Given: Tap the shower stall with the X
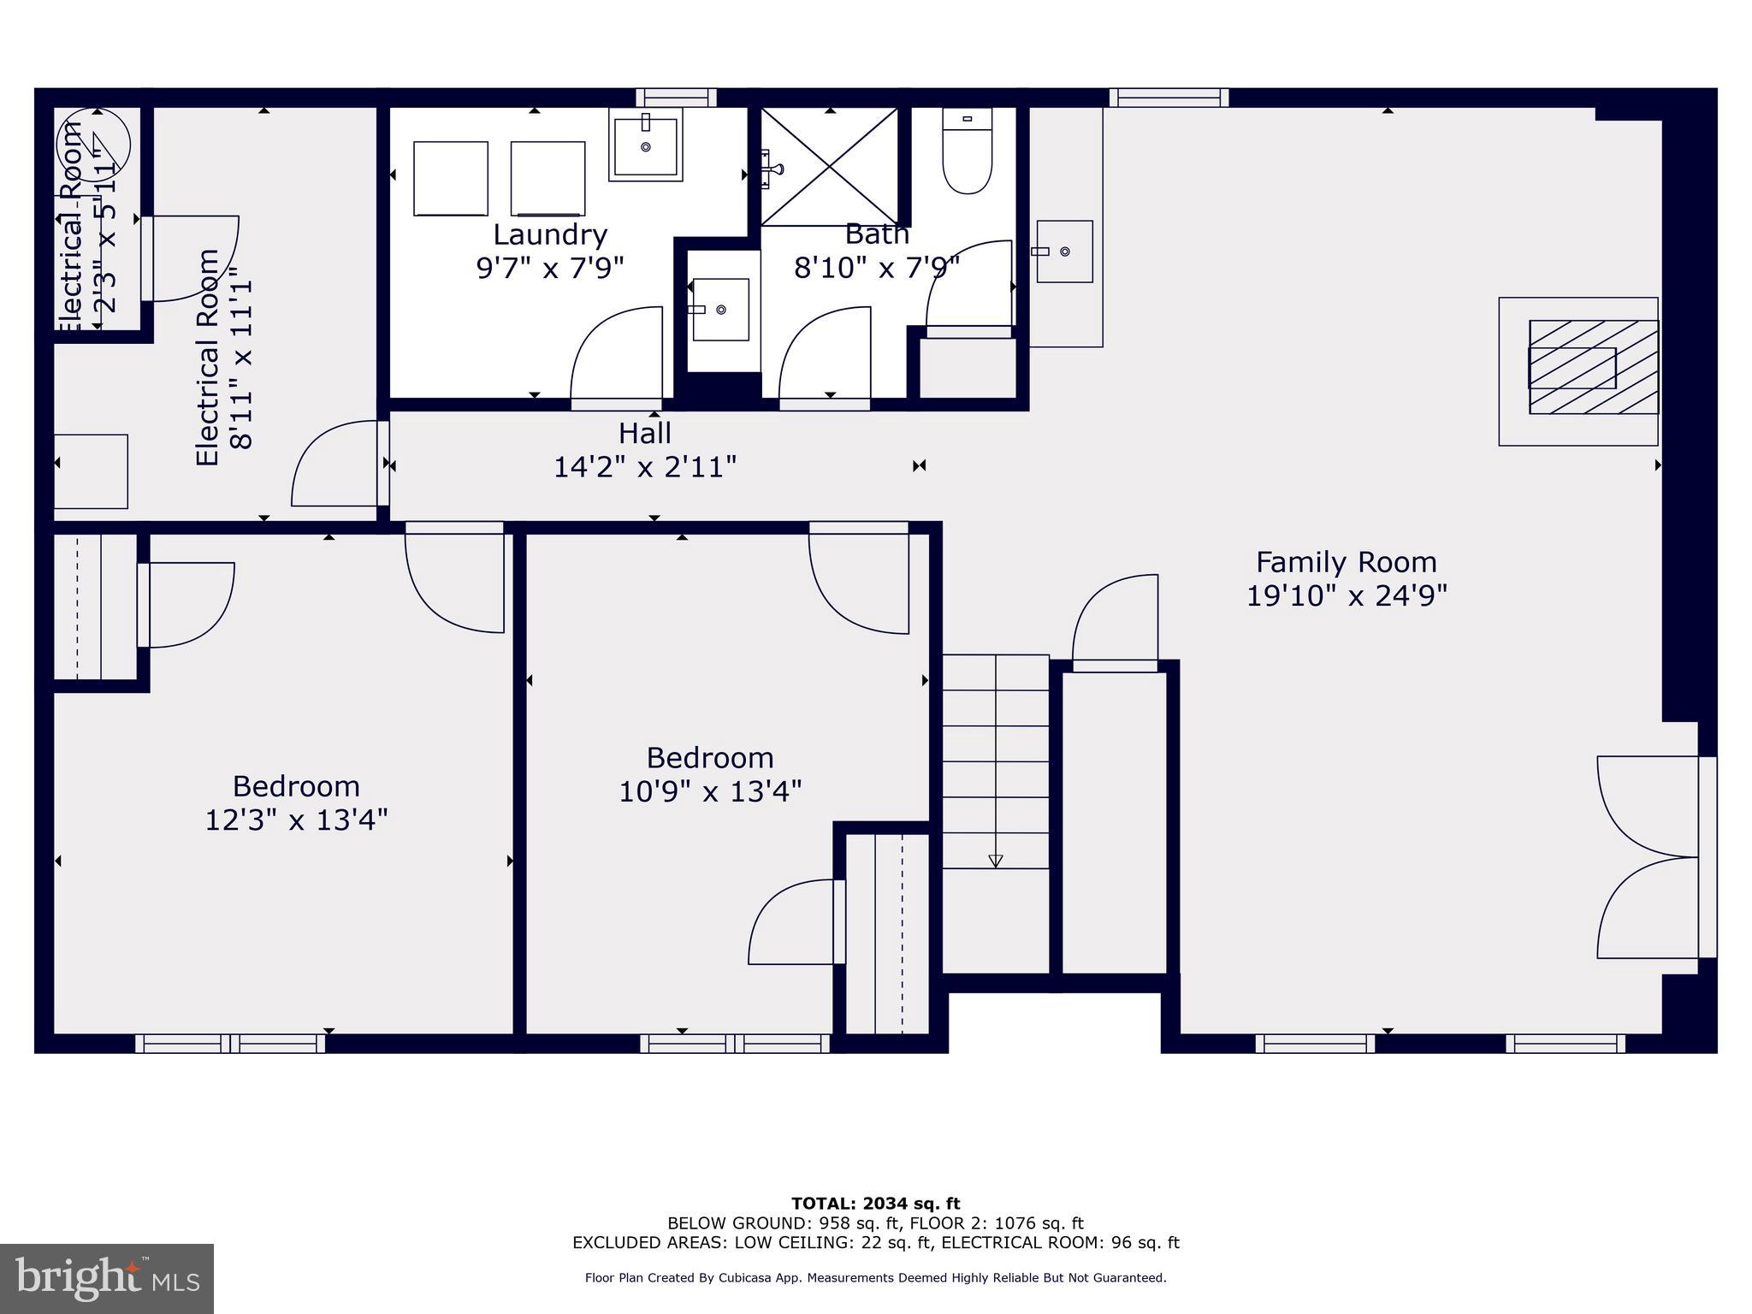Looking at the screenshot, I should [x=829, y=166].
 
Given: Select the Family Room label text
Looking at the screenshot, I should [x=1346, y=562].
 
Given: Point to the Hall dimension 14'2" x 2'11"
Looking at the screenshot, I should [x=645, y=467].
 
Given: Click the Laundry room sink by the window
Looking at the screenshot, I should [x=646, y=145].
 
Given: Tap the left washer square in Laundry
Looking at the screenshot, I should [x=451, y=178].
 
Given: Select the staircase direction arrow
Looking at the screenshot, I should [x=995, y=860].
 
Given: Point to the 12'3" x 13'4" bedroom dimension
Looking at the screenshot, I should [x=296, y=820].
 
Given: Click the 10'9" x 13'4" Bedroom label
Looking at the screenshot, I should [x=709, y=758].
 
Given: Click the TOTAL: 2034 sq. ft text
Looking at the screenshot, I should [x=875, y=1204].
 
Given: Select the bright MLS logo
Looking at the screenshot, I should [x=107, y=1278].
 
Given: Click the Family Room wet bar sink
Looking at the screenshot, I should [x=1064, y=252].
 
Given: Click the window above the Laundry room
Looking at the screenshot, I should [x=676, y=98].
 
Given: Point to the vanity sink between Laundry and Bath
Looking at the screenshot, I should [x=720, y=310].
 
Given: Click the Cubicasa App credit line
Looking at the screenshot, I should [x=875, y=1278].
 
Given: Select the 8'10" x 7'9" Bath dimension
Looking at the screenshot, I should [x=877, y=268].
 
